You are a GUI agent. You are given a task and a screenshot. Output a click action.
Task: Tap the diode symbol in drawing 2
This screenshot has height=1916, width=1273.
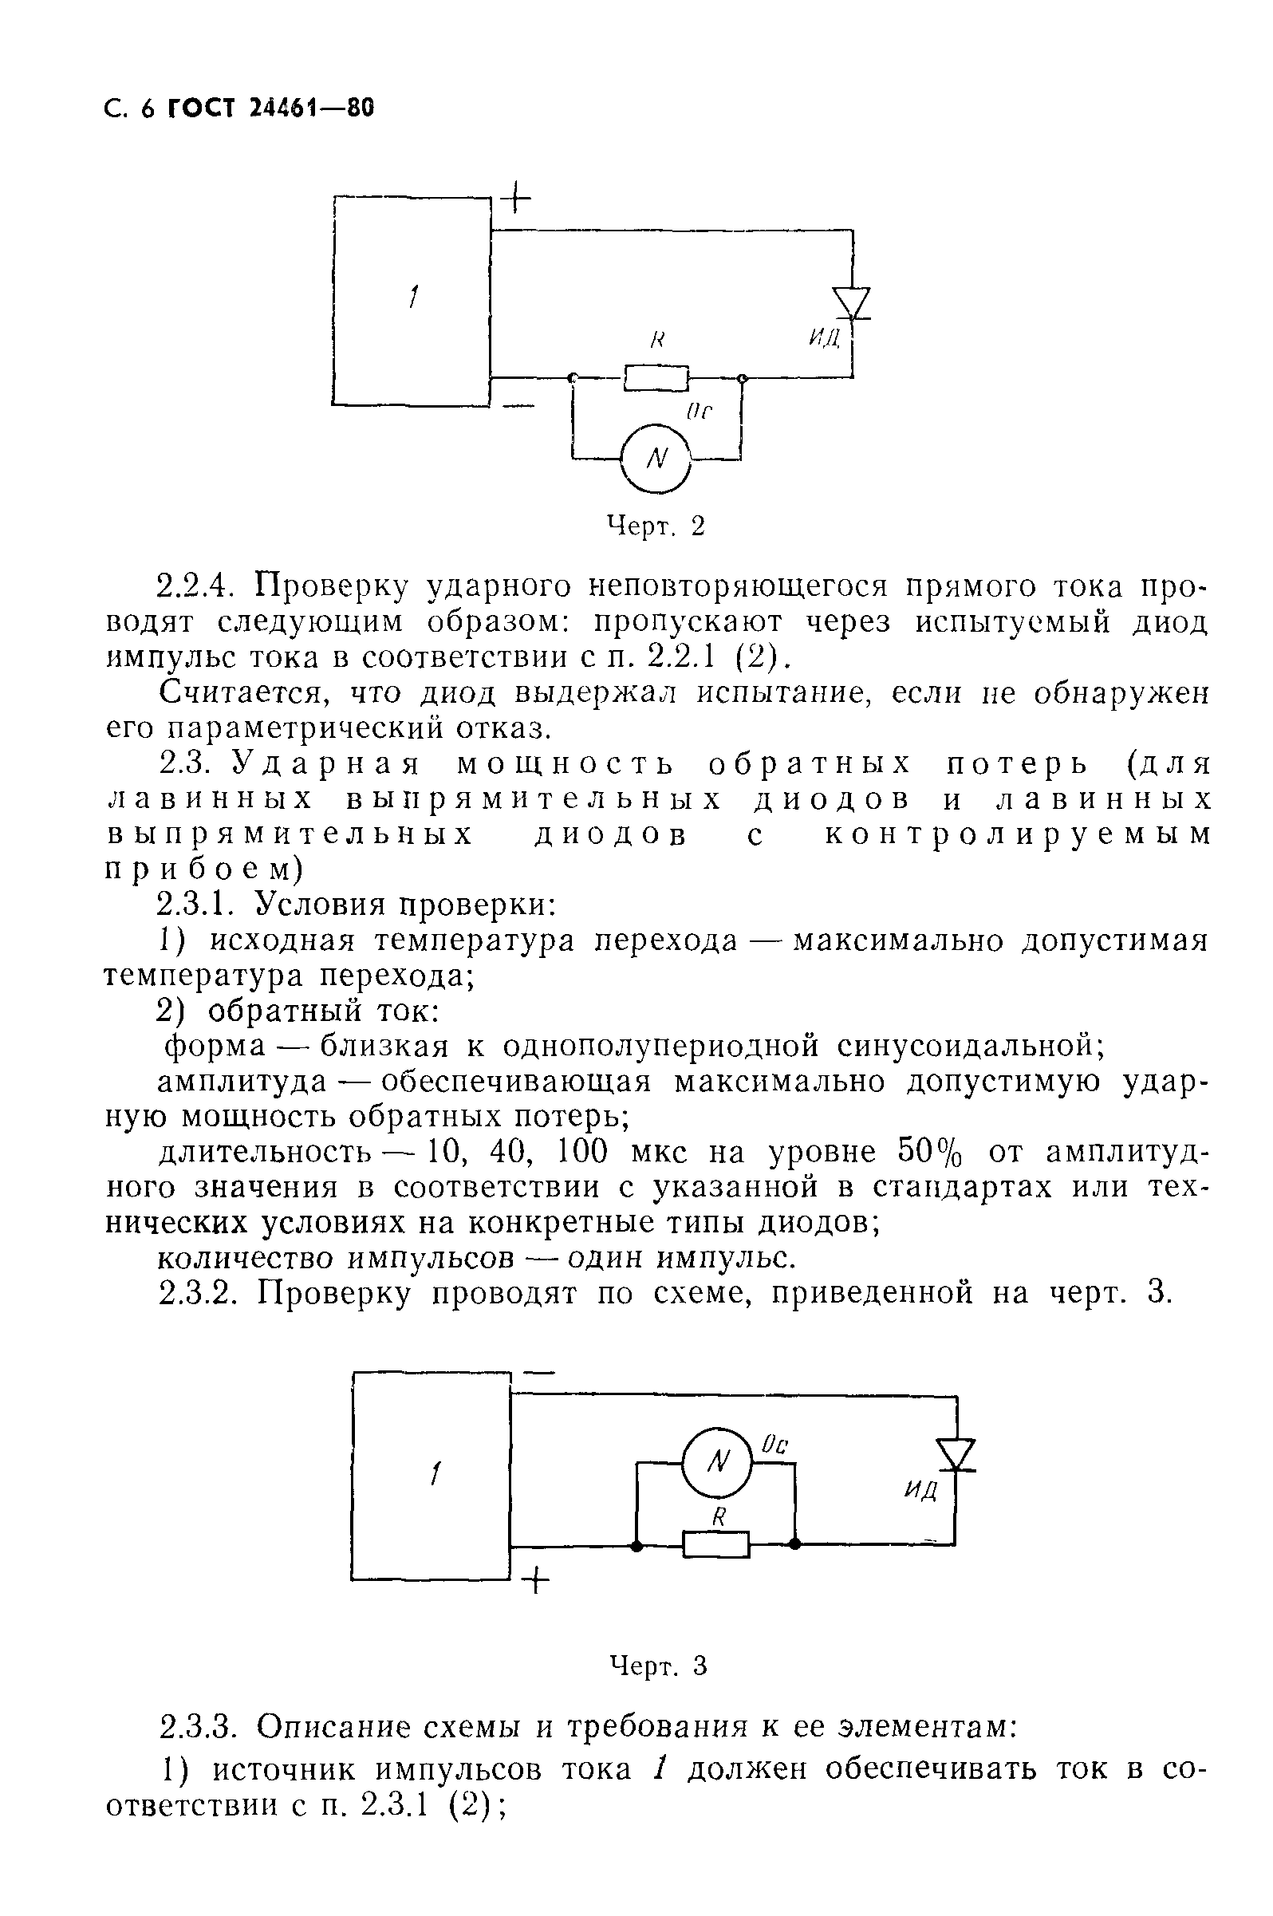(853, 303)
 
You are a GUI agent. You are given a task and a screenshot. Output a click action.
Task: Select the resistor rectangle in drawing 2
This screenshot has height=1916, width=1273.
(656, 377)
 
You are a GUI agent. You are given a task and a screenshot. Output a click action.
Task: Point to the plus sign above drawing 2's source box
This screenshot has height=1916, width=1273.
(515, 198)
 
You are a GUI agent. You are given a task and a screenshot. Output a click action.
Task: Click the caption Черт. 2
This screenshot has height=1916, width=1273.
(656, 527)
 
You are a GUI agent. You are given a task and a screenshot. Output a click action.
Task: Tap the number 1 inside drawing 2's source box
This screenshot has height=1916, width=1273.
(412, 298)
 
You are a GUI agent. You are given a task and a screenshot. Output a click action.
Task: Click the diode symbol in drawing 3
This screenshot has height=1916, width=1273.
(956, 1454)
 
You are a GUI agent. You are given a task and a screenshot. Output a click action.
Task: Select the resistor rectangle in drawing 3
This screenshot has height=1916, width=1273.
(716, 1543)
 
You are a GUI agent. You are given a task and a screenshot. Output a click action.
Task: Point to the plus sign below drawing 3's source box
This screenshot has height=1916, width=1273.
(535, 1580)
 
